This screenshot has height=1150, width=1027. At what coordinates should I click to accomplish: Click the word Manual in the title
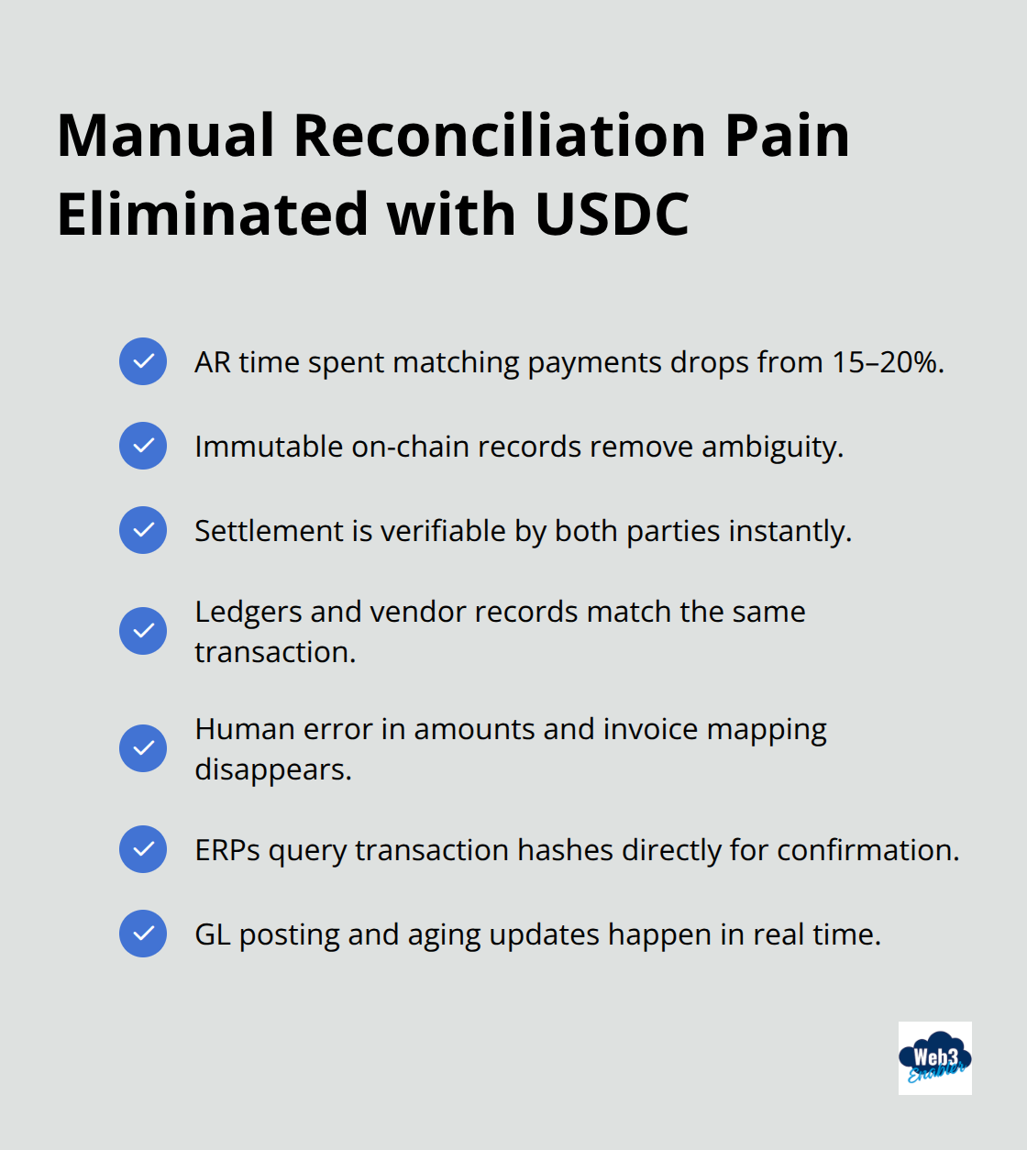166,136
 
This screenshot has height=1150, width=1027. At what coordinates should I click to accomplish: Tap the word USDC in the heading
612,215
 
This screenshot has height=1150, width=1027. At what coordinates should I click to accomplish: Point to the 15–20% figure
886,362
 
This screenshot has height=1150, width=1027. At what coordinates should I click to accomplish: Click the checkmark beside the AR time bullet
143,361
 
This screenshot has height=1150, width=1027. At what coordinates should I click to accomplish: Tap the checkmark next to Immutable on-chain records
143,446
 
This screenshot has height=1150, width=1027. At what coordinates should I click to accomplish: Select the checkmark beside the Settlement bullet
143,530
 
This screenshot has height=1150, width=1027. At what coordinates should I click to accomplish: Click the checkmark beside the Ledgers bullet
143,631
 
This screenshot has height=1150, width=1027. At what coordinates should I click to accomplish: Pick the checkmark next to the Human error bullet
143,748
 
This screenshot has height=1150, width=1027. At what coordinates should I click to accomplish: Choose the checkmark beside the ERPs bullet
143,849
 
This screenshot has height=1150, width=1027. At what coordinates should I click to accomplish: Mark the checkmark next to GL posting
143,934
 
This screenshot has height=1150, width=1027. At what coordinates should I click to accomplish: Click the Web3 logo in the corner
934,1058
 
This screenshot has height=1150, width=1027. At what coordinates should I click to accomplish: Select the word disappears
272,769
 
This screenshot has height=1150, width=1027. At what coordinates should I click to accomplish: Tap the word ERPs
227,850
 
